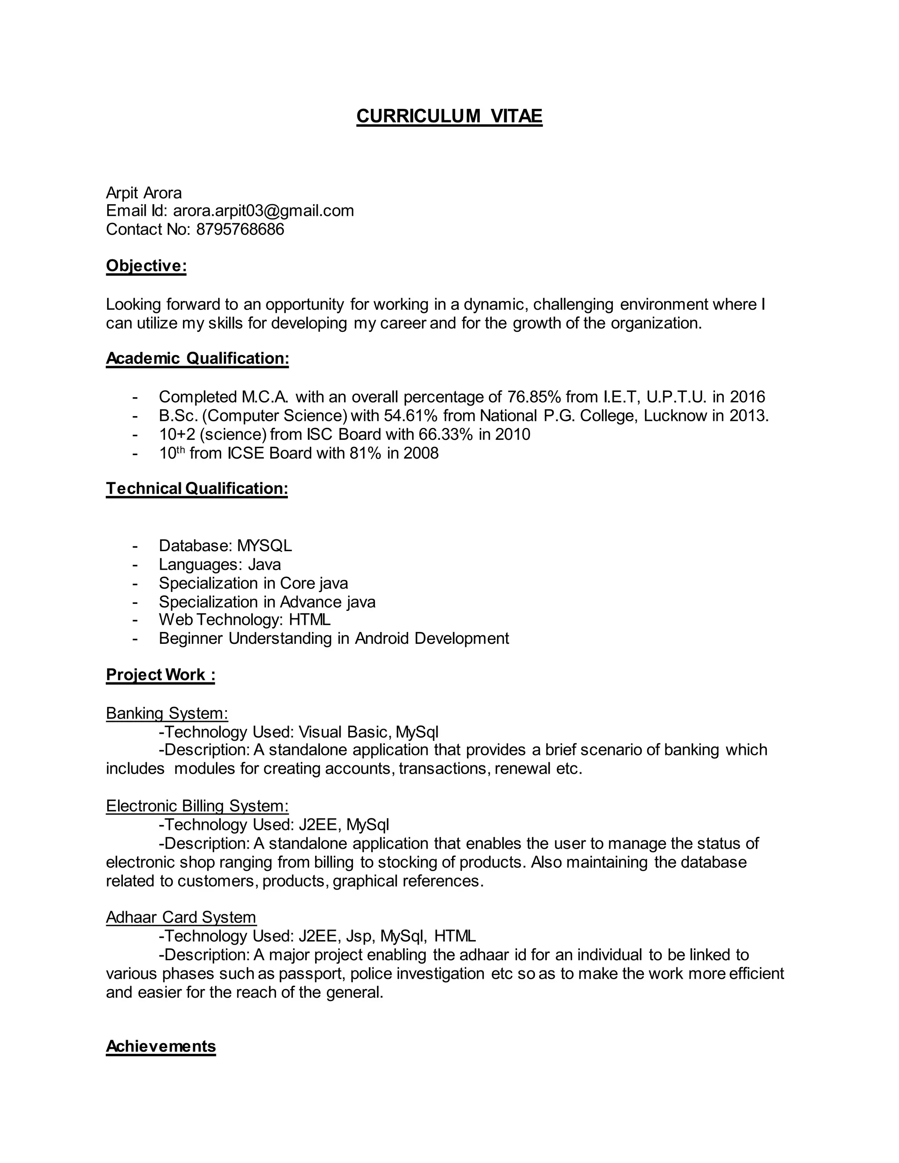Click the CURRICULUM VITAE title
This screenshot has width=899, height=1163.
click(449, 116)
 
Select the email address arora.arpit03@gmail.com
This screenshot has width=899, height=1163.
click(263, 211)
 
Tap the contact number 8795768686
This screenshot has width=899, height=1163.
click(240, 230)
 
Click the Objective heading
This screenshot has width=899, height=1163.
click(146, 266)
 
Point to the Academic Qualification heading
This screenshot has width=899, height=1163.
click(197, 359)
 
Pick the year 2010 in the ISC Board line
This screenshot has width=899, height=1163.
click(512, 434)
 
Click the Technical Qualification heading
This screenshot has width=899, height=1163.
click(197, 488)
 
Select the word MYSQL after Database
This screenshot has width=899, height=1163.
click(264, 546)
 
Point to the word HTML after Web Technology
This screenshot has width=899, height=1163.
click(309, 620)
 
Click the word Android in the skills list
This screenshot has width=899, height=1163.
click(382, 639)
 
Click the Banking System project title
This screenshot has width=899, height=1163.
click(167, 713)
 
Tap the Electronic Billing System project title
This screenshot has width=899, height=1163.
click(197, 806)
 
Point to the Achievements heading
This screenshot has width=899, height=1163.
click(161, 1046)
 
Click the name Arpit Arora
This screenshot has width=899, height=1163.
click(144, 193)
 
